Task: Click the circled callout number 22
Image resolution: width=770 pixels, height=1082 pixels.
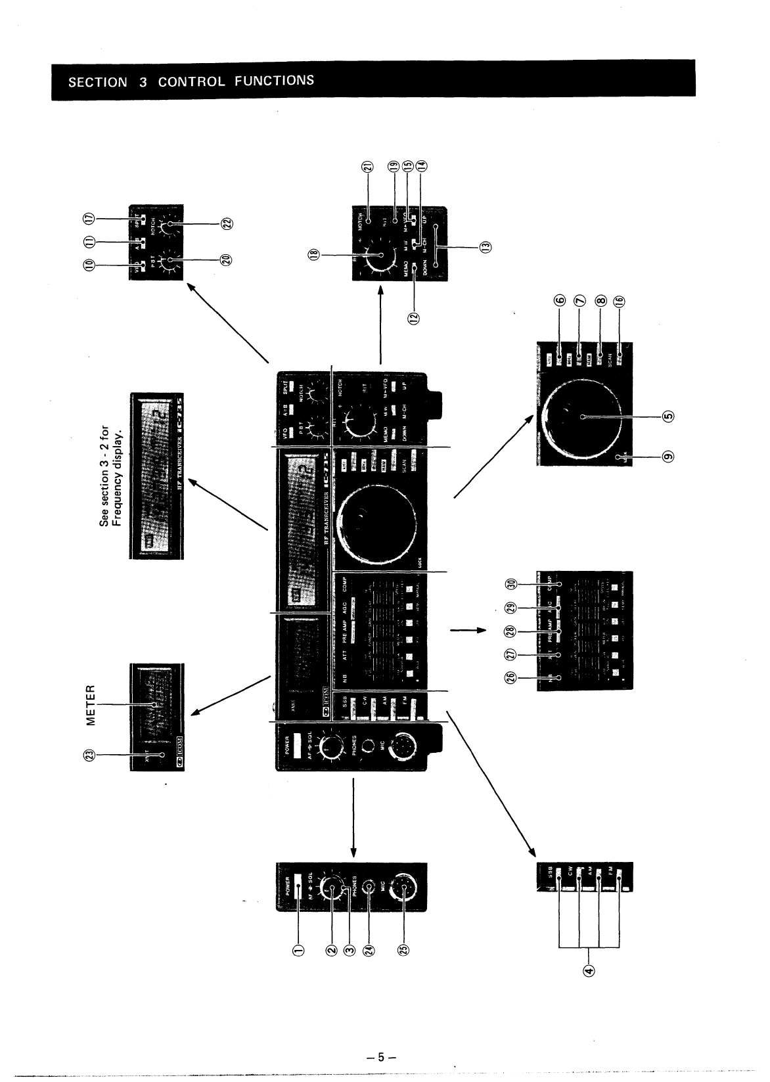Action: (227, 224)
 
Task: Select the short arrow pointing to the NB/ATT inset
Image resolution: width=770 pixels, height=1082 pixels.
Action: (467, 631)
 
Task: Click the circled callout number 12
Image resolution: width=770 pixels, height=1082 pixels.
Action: (413, 318)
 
